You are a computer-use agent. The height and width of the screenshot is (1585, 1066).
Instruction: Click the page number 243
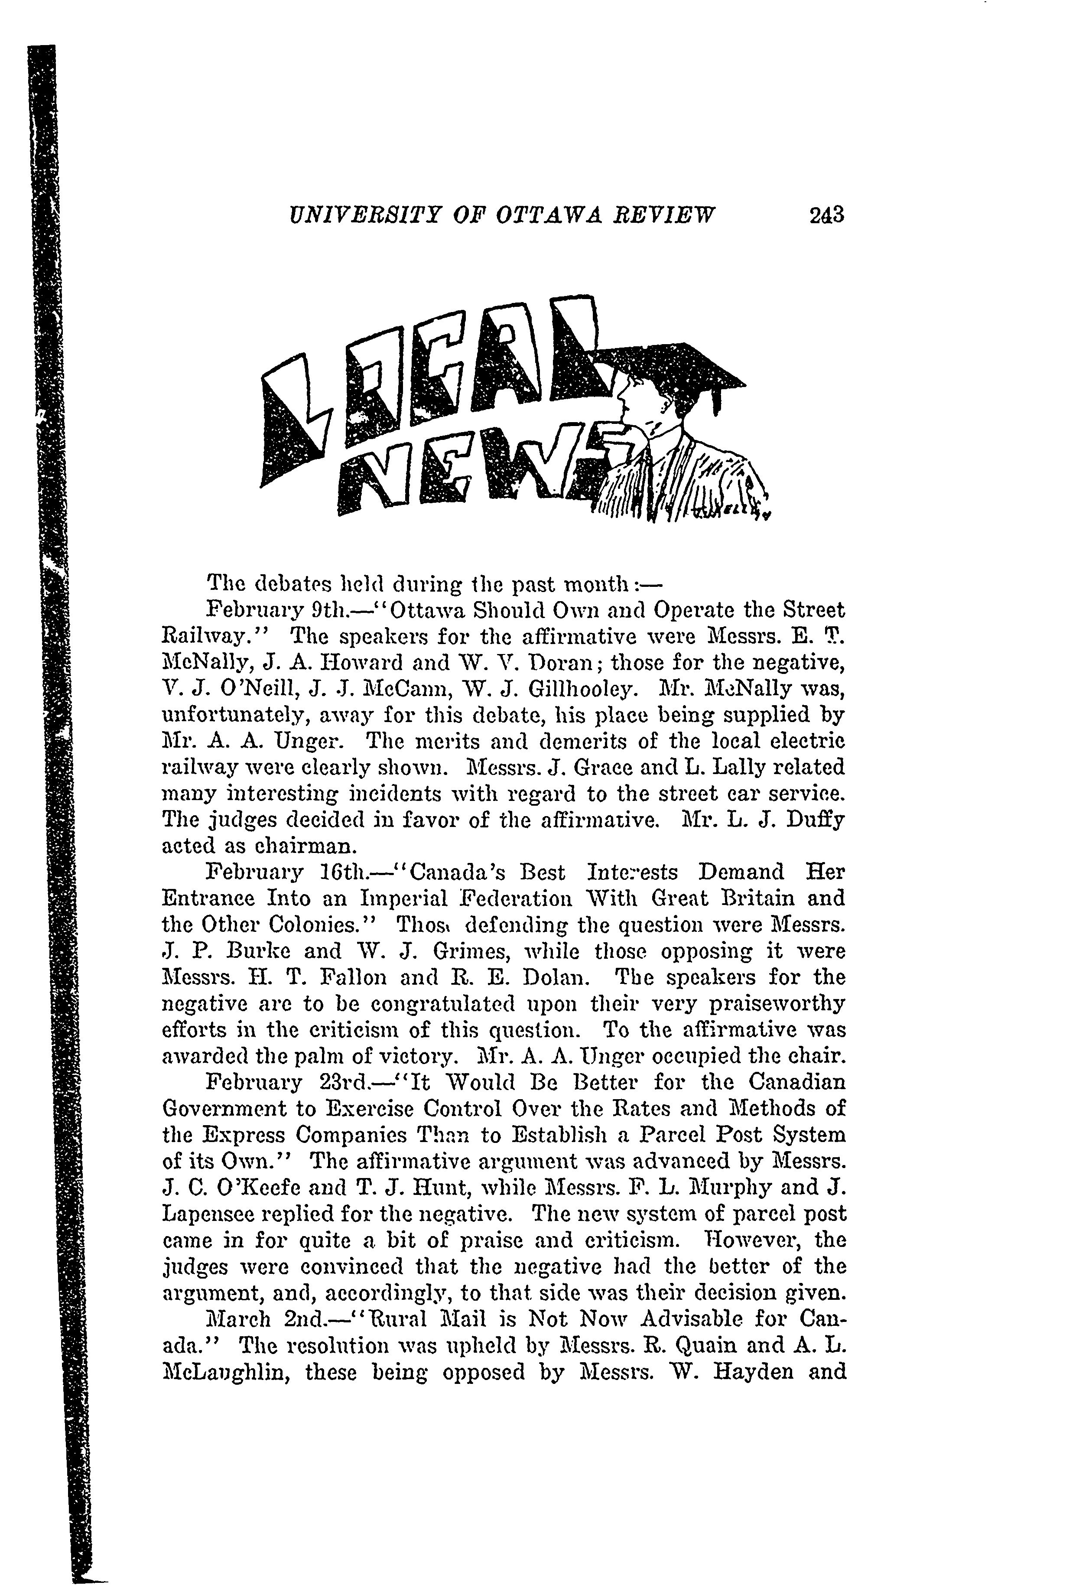(826, 215)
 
